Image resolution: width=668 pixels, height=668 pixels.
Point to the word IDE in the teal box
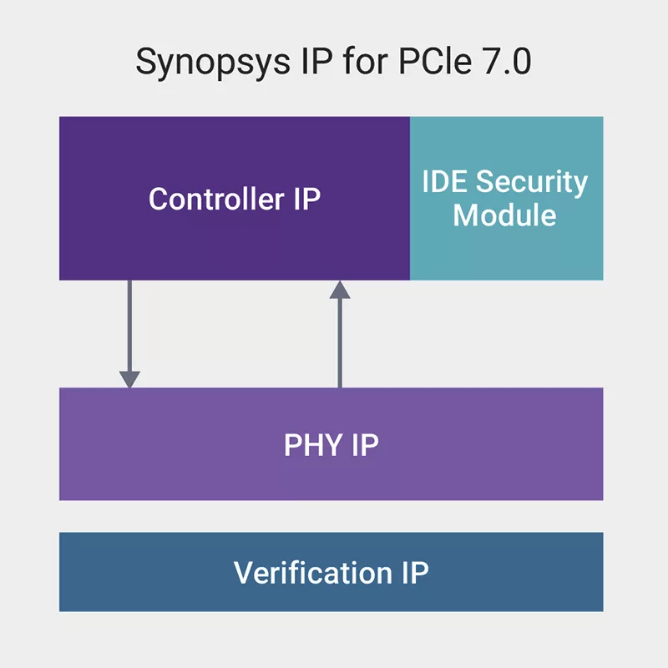pos(447,182)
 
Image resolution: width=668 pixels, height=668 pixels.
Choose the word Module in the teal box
pos(504,215)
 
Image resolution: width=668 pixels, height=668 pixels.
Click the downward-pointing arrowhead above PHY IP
pos(129,378)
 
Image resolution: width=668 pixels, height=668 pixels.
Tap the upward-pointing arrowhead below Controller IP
pos(339,290)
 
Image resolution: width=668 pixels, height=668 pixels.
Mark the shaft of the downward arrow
pos(129,326)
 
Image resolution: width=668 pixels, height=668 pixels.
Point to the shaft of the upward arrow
pos(339,342)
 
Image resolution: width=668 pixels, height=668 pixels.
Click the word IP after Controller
pos(306,199)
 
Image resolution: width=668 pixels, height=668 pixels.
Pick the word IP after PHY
pos(364,445)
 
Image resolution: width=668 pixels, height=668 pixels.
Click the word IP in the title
pos(299,63)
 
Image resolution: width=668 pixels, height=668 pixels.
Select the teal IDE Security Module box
pos(506,250)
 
